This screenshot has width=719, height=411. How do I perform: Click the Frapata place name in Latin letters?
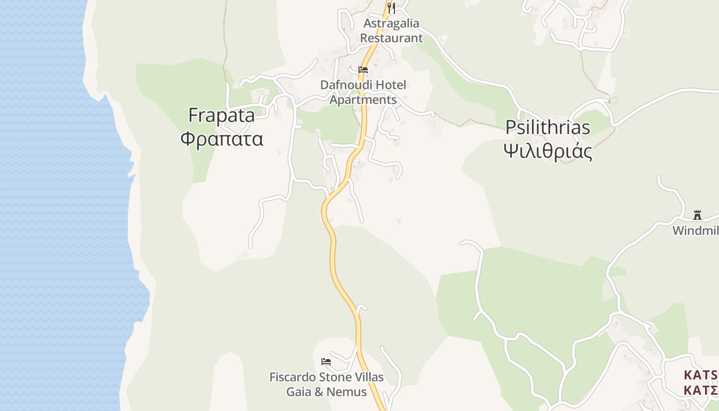(x=221, y=116)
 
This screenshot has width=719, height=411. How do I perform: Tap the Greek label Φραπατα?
(x=222, y=139)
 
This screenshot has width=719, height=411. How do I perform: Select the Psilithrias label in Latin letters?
(x=548, y=127)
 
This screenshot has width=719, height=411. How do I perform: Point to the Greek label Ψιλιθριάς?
(x=548, y=152)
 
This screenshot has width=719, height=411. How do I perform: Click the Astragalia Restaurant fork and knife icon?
(x=391, y=8)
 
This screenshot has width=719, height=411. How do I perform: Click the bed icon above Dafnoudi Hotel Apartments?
(x=363, y=70)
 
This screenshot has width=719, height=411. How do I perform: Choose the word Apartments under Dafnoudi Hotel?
(x=363, y=100)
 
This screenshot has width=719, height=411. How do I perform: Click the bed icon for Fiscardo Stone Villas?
(x=326, y=362)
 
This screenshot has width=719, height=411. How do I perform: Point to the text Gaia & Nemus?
(x=326, y=392)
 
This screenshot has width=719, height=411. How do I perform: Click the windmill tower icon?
(x=697, y=215)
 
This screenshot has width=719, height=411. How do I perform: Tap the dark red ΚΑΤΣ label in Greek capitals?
(x=701, y=390)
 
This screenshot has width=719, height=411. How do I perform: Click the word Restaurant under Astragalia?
(x=391, y=38)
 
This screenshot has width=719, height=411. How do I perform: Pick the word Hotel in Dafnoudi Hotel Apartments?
(x=391, y=85)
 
